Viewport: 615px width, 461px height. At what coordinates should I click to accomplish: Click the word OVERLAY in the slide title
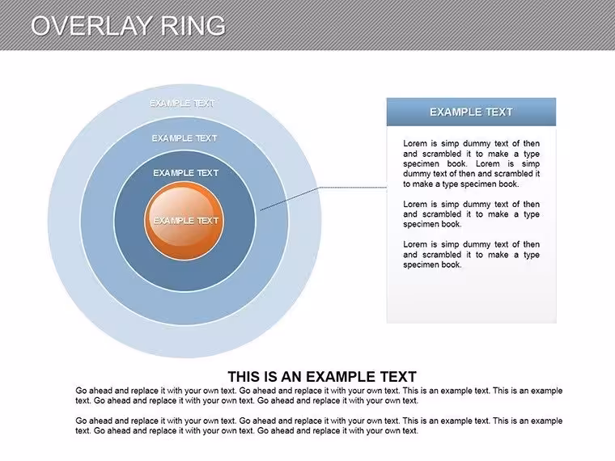[x=91, y=26]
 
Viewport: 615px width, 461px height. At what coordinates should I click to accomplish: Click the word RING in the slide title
[x=193, y=26]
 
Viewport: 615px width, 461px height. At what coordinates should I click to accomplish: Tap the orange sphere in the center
[x=184, y=221]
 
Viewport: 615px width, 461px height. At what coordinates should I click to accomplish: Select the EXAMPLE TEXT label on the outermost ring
[x=182, y=103]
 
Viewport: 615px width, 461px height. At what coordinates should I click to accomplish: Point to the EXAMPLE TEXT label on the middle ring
[x=184, y=138]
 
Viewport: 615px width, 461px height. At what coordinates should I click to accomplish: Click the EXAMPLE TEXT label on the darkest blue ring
[x=185, y=173]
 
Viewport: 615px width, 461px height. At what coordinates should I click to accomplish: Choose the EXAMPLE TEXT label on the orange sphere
[x=185, y=221]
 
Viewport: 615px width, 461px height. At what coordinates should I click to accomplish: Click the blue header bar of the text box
[x=471, y=112]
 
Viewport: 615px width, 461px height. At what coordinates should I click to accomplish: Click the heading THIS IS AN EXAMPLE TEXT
[x=322, y=377]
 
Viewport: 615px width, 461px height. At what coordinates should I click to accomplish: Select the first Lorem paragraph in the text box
[x=472, y=163]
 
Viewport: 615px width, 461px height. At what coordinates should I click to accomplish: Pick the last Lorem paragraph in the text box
[x=472, y=255]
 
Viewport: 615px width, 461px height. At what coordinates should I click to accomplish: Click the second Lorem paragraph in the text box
[x=472, y=214]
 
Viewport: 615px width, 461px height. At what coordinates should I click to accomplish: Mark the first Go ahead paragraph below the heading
[x=319, y=395]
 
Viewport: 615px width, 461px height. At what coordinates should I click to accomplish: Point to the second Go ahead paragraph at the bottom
[x=319, y=425]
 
